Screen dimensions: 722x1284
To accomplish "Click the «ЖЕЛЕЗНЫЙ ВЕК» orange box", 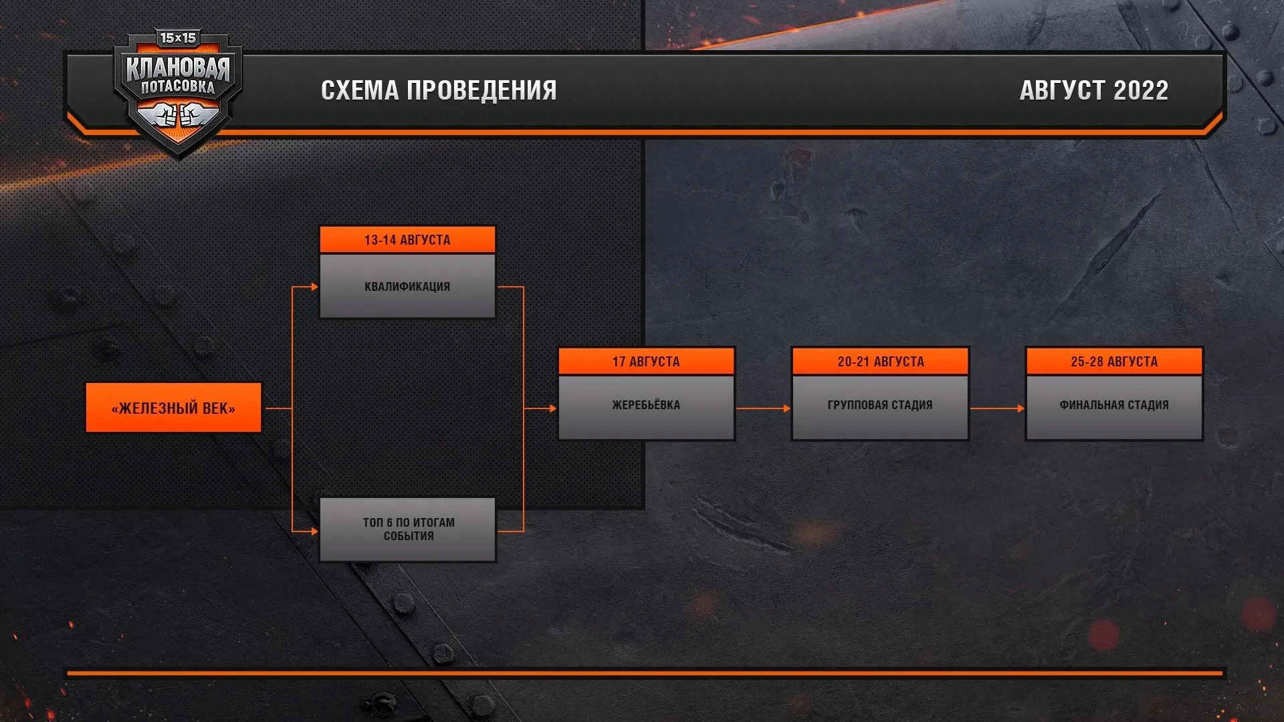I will [173, 408].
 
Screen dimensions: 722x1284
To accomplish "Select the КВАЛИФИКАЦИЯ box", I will [407, 286].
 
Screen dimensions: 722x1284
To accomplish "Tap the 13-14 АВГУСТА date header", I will [407, 239].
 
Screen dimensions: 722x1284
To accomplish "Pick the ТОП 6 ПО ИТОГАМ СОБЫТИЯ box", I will [408, 529].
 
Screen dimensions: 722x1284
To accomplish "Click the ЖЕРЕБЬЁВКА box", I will [646, 405].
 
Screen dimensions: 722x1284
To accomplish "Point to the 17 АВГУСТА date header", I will [646, 361].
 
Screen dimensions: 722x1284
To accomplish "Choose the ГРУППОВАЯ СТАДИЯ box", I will [880, 405].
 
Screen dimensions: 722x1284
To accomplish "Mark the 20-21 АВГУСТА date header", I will [880, 361].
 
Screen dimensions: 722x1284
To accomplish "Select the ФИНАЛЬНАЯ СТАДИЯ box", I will [1114, 405].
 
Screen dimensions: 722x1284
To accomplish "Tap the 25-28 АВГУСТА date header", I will [1114, 361].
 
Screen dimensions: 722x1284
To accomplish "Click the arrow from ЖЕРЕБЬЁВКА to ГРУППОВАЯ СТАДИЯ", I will [763, 408].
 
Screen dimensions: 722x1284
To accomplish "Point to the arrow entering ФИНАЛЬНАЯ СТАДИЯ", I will [997, 408].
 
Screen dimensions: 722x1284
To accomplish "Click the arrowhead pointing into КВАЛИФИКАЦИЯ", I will [314, 287].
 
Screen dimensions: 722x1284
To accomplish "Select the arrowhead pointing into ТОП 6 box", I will [314, 531].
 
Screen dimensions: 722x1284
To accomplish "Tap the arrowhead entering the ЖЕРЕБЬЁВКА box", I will [552, 408].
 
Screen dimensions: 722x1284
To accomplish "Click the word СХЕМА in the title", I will [360, 90].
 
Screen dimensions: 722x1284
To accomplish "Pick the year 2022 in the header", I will [1141, 90].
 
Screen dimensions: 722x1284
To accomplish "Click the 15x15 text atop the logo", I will [178, 38].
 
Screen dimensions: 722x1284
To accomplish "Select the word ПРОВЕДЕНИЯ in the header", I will [481, 90].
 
